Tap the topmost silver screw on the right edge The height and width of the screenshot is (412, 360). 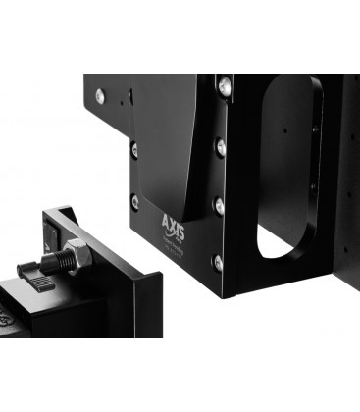pos(225,87)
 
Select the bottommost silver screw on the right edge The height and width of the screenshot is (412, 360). pos(217,262)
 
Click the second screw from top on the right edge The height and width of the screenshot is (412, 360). pos(221,147)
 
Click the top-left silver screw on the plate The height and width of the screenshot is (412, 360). pos(100,95)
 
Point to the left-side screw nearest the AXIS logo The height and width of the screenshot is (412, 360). pos(135,201)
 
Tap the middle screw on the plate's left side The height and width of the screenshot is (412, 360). pos(134,150)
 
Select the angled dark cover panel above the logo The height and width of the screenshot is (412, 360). pos(167,137)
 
